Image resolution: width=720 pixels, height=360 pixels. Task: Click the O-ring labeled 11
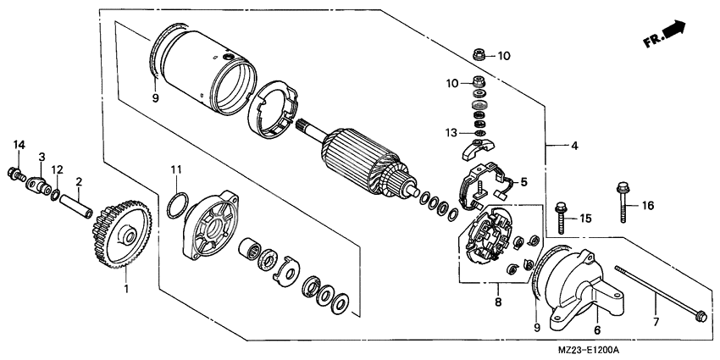175,205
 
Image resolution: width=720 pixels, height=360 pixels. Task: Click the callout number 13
452,132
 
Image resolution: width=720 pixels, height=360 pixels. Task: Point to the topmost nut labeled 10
479,56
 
